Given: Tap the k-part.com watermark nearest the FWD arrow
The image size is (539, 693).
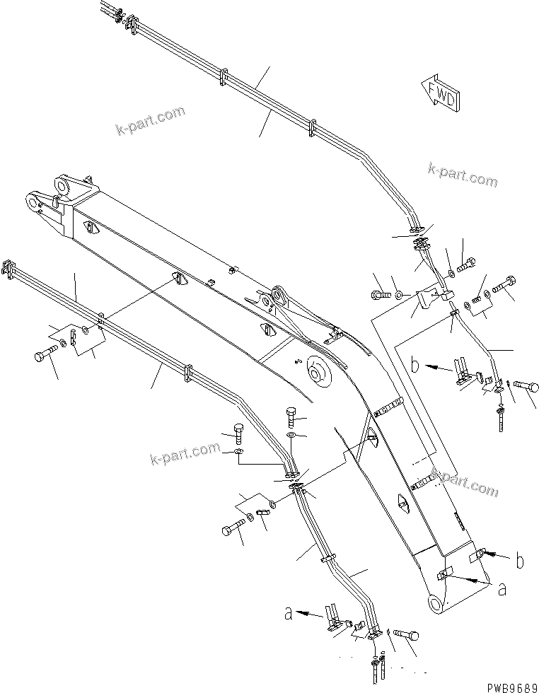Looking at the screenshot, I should [463, 175].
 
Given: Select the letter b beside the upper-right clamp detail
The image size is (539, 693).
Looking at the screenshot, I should [417, 366].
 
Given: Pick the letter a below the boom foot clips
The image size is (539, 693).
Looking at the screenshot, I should [502, 589].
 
